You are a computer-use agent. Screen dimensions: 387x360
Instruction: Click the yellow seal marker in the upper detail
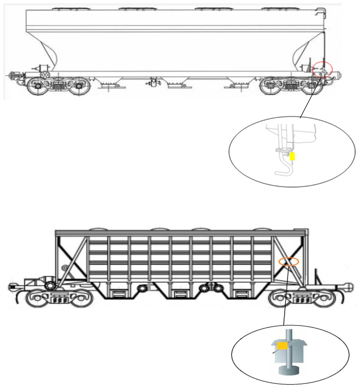[292, 156]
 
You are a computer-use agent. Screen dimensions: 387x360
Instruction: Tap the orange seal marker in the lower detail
[282, 346]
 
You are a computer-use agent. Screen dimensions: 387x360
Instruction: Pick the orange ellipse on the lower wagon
[289, 262]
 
